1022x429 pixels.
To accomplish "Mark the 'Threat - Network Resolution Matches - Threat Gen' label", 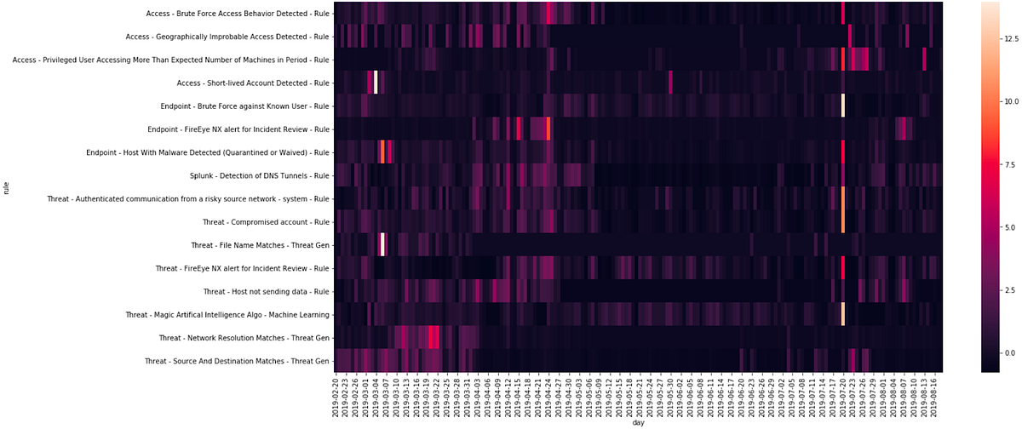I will coord(244,338).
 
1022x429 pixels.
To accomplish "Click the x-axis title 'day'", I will coord(638,422).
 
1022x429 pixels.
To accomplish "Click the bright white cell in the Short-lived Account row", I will coord(375,83).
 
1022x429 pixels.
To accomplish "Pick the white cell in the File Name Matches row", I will coord(382,245).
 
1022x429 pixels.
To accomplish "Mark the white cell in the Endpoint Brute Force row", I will coord(842,106).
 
